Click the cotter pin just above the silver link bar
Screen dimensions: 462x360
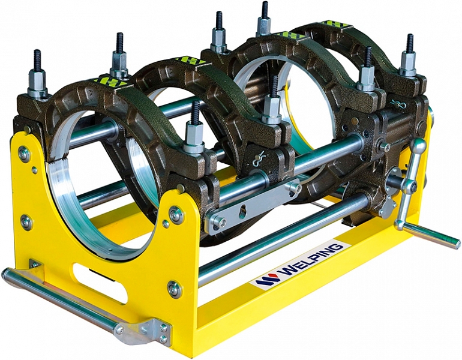point(259,160)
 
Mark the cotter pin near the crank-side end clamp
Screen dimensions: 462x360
point(398,104)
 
